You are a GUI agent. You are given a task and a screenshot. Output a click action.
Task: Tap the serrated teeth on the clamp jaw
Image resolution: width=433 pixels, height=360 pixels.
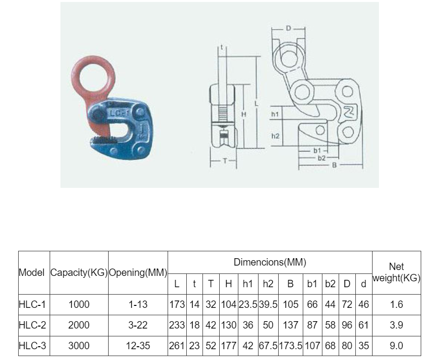[x=103, y=140]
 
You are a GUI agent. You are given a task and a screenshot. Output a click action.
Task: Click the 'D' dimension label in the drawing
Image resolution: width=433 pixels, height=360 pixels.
[x=288, y=28]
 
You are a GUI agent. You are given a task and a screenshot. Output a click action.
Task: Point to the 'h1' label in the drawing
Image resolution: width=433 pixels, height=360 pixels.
[x=275, y=114]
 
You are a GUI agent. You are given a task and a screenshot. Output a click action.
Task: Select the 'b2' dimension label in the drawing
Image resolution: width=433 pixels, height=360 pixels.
[x=321, y=158]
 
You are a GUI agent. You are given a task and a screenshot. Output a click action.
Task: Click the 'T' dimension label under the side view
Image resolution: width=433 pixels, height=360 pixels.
[x=225, y=161]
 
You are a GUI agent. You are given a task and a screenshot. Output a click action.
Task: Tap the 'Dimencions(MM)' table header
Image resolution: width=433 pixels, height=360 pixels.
[x=270, y=262]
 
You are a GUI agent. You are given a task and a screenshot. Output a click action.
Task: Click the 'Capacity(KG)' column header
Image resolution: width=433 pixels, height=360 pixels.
[x=79, y=272]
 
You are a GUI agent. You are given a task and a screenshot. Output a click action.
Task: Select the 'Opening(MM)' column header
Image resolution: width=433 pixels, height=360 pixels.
[x=138, y=272]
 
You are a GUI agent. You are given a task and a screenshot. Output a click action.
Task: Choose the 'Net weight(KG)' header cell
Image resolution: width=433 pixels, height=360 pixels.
[x=396, y=272]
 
